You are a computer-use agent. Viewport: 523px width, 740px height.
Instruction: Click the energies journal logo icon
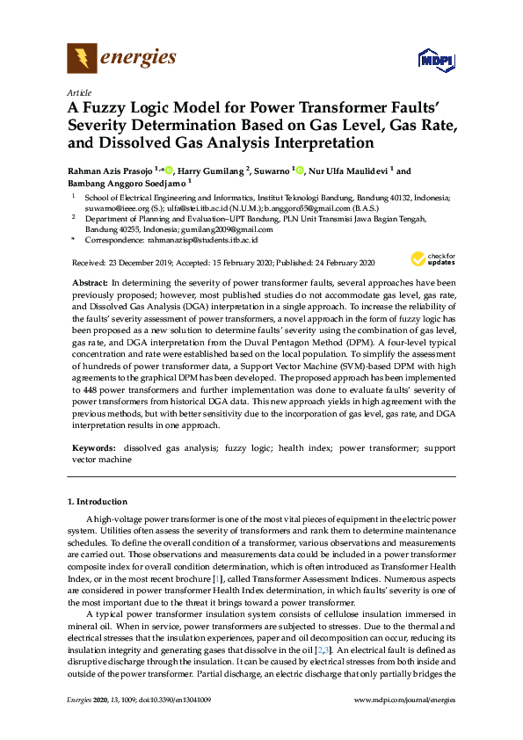82,59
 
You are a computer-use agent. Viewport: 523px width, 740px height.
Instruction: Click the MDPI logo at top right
436,60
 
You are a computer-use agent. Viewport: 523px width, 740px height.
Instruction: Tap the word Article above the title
78,91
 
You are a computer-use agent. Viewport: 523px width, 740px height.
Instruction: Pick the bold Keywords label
92,447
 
